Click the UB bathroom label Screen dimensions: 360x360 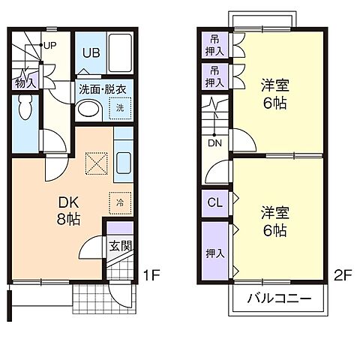pos(91,53)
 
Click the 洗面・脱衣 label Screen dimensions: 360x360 pos(103,88)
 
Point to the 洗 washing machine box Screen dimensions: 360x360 pos(120,109)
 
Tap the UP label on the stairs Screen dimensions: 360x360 pos(49,44)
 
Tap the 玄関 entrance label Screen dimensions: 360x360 pos(119,244)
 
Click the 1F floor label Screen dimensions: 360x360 pos(152,275)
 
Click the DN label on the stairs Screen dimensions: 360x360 pos(213,142)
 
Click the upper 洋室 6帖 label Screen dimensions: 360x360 pos(274,94)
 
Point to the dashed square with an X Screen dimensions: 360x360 pos(96,161)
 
